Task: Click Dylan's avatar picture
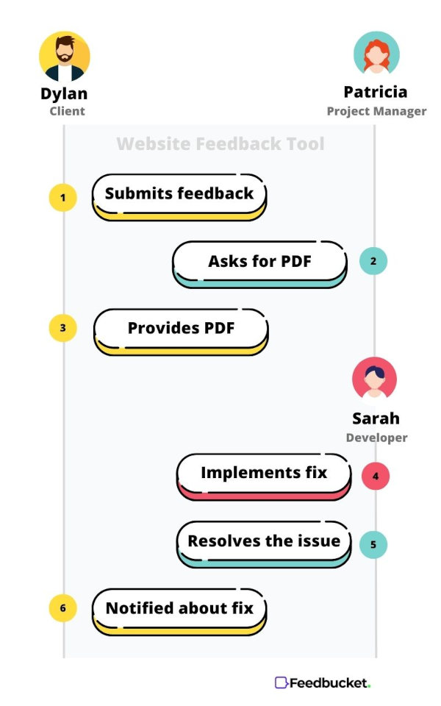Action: point(65,57)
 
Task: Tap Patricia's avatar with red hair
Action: point(376,53)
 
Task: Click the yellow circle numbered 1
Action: point(63,197)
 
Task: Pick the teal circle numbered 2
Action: point(373,260)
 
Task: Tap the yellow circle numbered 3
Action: point(63,328)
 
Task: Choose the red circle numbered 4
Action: point(376,476)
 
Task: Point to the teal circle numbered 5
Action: point(373,544)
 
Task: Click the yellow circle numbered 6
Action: point(63,608)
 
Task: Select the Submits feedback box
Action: point(179,197)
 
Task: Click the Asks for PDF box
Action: point(259,264)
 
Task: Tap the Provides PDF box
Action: point(181,332)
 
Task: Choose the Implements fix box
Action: point(264,477)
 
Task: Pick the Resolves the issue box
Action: point(264,544)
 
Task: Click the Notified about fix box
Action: point(179,612)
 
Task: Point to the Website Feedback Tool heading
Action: point(220,143)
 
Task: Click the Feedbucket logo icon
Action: point(282,682)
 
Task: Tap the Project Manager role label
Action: point(376,111)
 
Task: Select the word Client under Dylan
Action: point(67,111)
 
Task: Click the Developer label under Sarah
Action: point(376,438)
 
